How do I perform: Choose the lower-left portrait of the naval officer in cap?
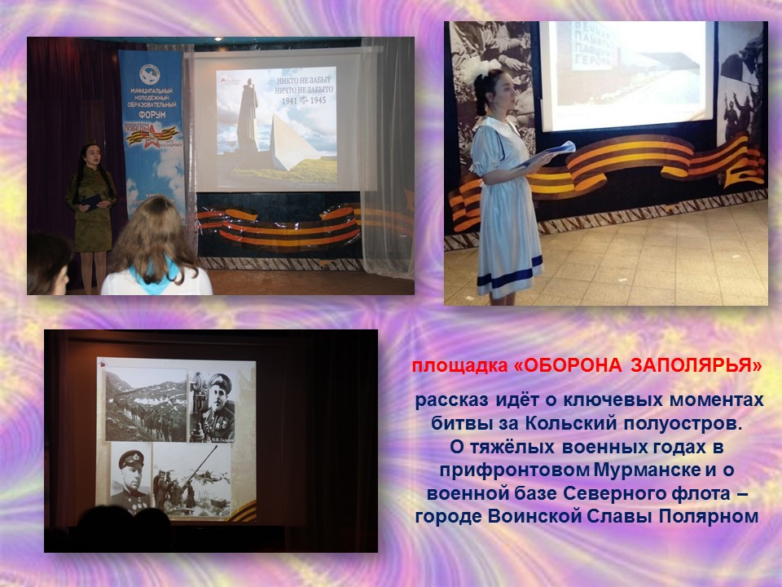coord(130,481)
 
